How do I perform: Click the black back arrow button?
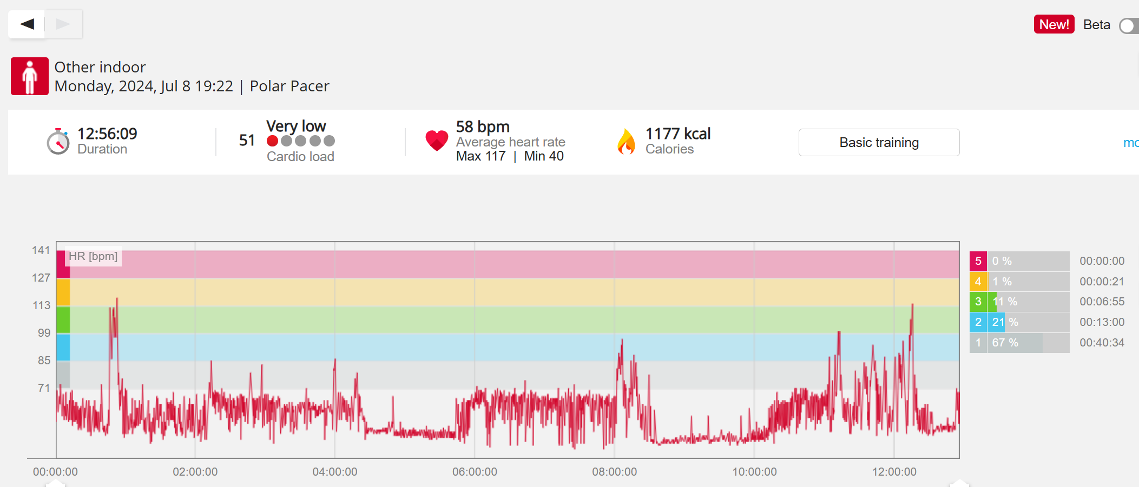[x=27, y=24]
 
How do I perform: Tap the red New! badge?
[x=1054, y=24]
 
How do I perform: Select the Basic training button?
[x=879, y=142]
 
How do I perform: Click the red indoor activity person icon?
[x=30, y=76]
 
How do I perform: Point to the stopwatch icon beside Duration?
[x=58, y=142]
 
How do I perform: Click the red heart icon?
[x=437, y=141]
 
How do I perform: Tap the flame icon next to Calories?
[x=626, y=142]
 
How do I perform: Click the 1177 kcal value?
[x=677, y=134]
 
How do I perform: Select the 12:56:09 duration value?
[x=107, y=134]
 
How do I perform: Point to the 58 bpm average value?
[x=483, y=126]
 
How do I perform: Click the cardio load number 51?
[x=247, y=141]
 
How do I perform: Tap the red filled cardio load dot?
[x=273, y=141]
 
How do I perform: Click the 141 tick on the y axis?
[x=41, y=250]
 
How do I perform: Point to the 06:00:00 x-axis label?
[x=475, y=472]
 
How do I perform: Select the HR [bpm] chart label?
[x=93, y=256]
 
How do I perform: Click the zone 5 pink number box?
[x=978, y=261]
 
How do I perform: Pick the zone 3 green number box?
[x=978, y=302]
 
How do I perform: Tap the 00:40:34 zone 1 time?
[x=1102, y=343]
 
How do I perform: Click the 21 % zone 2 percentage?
[x=1005, y=322]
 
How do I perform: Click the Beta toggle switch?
[x=1129, y=25]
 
